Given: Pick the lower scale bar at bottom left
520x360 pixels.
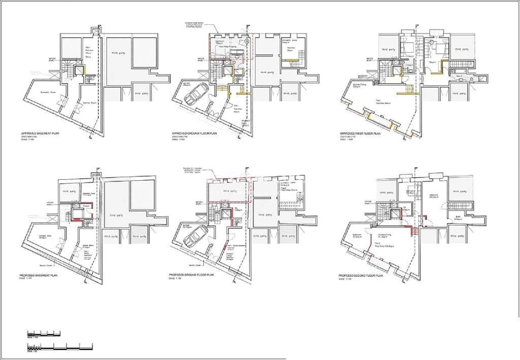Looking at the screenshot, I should coord(56,347).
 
